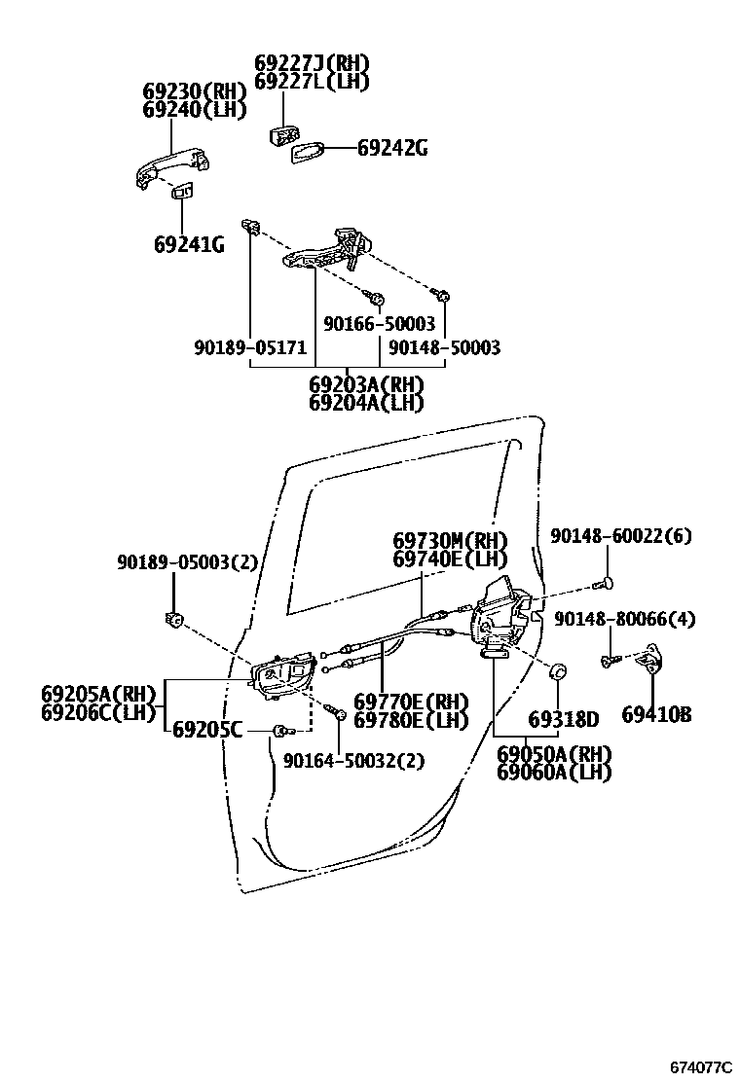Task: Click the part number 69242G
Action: point(392,149)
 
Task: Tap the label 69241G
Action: point(189,244)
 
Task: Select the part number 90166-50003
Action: point(380,324)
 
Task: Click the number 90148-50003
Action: point(444,347)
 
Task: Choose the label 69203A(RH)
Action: point(366,384)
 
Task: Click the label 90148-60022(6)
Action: point(620,536)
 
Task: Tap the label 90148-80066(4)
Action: point(626,619)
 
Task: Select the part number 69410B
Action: point(656,715)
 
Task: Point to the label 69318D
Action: point(564,720)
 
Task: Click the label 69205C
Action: point(207,730)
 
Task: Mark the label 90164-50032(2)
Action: point(353,761)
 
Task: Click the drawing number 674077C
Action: point(699,1066)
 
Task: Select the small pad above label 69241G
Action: point(182,194)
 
